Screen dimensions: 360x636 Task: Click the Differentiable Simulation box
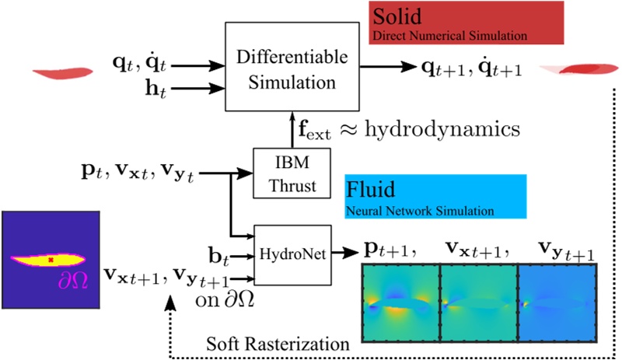[279, 67]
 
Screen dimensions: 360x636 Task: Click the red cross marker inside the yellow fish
[51, 259]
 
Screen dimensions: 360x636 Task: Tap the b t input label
[219, 253]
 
